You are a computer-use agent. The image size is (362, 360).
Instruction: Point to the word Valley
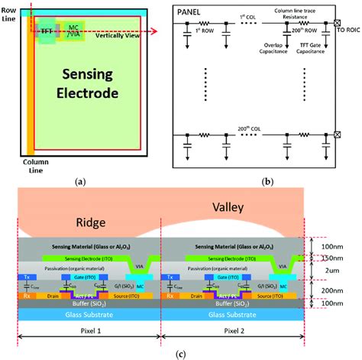pos(229,207)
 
